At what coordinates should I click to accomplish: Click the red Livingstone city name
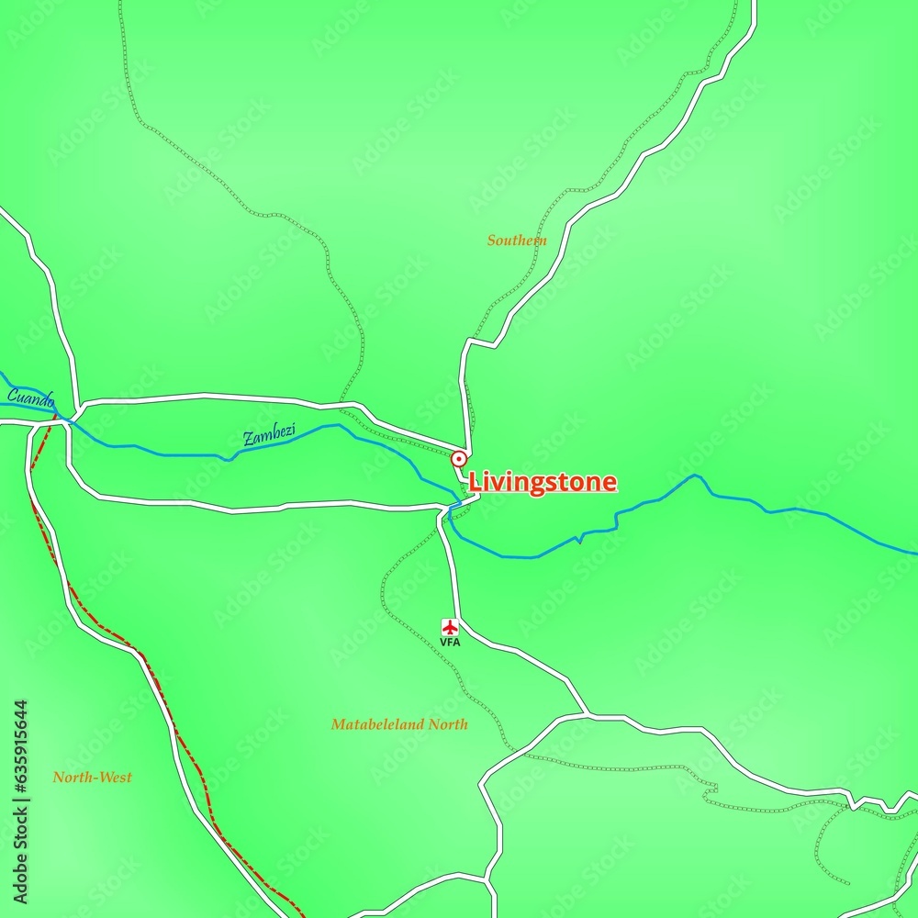point(543,483)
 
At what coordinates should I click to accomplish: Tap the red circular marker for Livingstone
point(459,458)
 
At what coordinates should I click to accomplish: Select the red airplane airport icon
point(450,627)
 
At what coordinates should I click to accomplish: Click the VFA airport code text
point(450,643)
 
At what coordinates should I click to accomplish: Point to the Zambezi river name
point(269,437)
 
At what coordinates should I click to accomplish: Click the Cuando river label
point(31,399)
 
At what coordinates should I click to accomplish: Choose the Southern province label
point(517,241)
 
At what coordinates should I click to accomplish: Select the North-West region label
point(92,778)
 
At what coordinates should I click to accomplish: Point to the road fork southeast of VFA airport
point(587,713)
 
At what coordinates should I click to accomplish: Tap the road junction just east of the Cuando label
point(77,405)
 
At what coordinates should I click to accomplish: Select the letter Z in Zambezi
point(248,441)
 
